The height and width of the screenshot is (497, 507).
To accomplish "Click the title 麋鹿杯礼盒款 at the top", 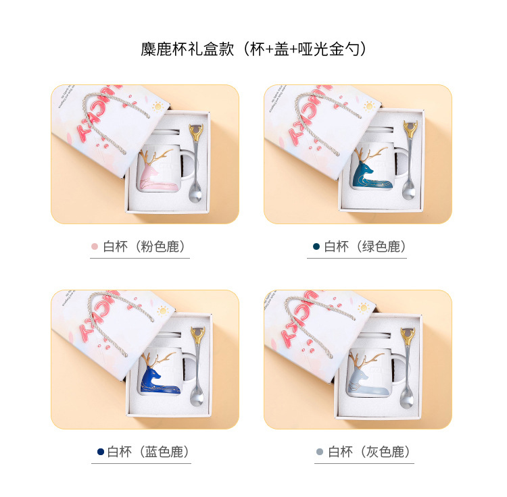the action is point(187,49).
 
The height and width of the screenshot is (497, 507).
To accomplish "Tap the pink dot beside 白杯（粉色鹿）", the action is point(95,246).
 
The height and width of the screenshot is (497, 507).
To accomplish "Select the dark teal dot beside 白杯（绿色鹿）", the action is point(316,246).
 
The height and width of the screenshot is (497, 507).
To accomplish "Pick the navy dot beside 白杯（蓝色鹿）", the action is point(101,452).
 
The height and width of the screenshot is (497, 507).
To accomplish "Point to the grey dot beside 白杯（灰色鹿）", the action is point(320,452).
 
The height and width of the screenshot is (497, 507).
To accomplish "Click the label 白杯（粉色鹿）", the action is point(144,246).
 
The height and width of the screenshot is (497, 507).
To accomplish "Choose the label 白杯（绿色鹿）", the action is point(365,246).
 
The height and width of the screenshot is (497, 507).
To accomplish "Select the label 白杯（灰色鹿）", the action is point(369,452).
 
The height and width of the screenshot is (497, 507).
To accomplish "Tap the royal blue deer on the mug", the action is point(158,377).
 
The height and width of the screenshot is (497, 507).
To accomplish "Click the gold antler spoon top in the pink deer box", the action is point(196,132).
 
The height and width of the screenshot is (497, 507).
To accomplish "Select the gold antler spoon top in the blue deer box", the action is point(198,334).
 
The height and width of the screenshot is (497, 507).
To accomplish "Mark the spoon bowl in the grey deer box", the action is point(406,399).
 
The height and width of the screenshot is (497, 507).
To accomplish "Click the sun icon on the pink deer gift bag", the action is point(158,106).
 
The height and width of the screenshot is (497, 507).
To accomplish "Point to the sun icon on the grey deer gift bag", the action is point(364,307).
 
